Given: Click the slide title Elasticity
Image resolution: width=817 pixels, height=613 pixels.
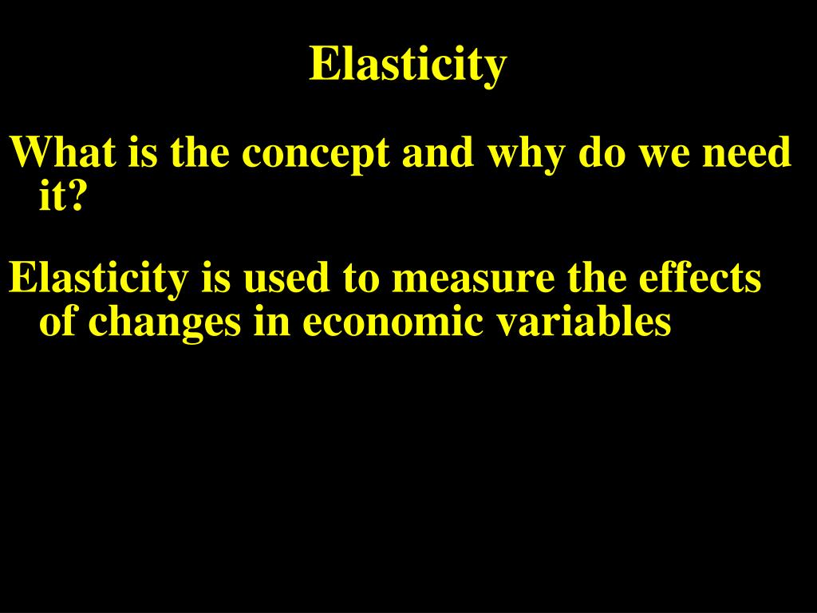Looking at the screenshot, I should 408,64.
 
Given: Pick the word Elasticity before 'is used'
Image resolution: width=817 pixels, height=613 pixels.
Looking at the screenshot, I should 98,279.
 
